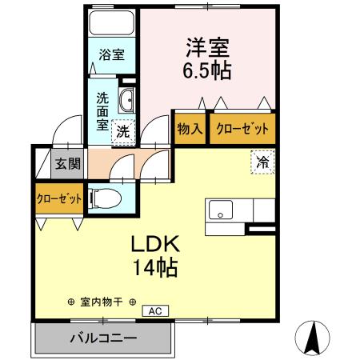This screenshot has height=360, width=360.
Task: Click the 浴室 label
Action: pyautogui.click(x=111, y=55)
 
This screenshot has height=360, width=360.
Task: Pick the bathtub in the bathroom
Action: pyautogui.click(x=111, y=23)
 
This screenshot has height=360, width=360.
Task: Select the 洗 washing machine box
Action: pyautogui.click(x=123, y=130)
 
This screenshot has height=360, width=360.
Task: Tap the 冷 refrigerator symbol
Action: pyautogui.click(x=262, y=161)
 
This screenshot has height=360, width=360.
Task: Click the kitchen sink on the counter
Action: pyautogui.click(x=220, y=213)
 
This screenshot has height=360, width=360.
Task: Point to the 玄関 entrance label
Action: pyautogui.click(x=66, y=165)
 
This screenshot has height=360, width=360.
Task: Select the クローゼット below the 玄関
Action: pyautogui.click(x=58, y=198)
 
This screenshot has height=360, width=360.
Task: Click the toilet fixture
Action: pyautogui.click(x=105, y=198)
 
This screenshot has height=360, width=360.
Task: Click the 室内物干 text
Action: pyautogui.click(x=101, y=302)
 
